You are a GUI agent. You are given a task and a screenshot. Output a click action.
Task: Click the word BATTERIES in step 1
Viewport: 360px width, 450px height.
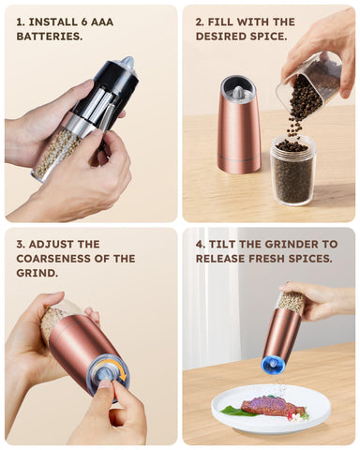coord(50,37)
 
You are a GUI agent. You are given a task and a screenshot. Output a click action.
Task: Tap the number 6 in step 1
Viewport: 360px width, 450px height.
coord(83,22)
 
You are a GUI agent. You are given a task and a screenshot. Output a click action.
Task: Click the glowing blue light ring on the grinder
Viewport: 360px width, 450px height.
coord(273,365)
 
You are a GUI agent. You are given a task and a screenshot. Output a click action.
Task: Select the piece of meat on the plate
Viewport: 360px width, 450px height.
coord(272,406)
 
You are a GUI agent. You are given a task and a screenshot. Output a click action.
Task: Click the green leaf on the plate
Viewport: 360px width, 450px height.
coord(233,411)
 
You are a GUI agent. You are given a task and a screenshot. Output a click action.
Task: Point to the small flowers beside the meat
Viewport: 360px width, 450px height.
coord(298,414)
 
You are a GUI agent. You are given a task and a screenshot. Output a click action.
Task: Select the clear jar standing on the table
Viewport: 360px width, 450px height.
coord(292,171)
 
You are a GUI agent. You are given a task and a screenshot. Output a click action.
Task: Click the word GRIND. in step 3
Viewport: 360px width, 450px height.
coord(37,273)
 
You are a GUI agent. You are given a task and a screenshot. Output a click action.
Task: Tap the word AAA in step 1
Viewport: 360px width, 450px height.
coord(102,22)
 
